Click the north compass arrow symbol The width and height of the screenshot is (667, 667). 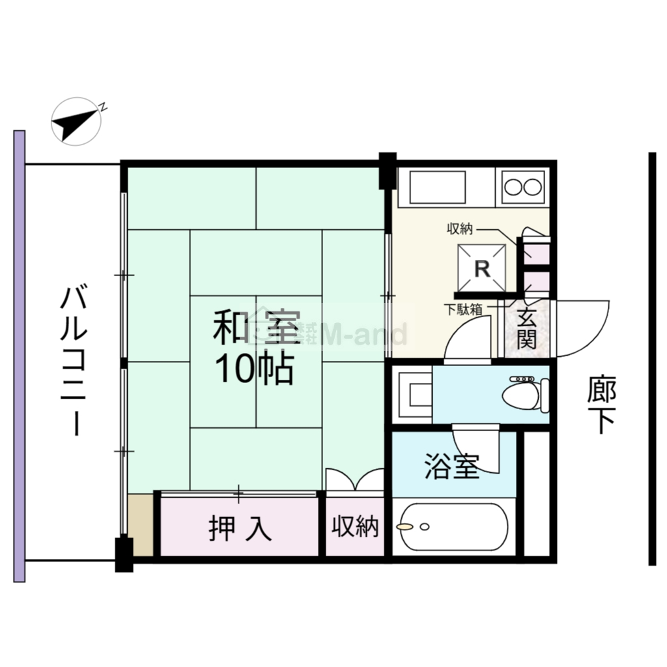click(x=76, y=122)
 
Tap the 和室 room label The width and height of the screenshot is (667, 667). click(x=257, y=327)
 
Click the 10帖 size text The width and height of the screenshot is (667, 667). click(x=255, y=368)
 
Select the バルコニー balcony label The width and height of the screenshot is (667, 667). click(x=74, y=362)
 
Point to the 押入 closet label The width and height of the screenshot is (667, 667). click(x=240, y=529)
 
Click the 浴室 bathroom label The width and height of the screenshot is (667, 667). click(x=452, y=466)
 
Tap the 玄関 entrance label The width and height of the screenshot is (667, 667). click(x=526, y=328)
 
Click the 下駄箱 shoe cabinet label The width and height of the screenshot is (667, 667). click(x=463, y=309)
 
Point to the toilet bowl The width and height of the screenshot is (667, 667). click(x=526, y=394)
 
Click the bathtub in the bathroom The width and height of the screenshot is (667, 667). click(x=454, y=526)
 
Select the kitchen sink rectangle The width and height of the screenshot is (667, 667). click(x=437, y=188)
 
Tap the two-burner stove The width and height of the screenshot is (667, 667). click(x=523, y=187)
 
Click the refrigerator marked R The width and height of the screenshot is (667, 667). click(x=481, y=268)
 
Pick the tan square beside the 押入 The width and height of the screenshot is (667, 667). click(x=141, y=525)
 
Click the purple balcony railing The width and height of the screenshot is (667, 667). click(x=19, y=356)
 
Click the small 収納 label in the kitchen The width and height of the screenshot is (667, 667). click(x=460, y=229)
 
